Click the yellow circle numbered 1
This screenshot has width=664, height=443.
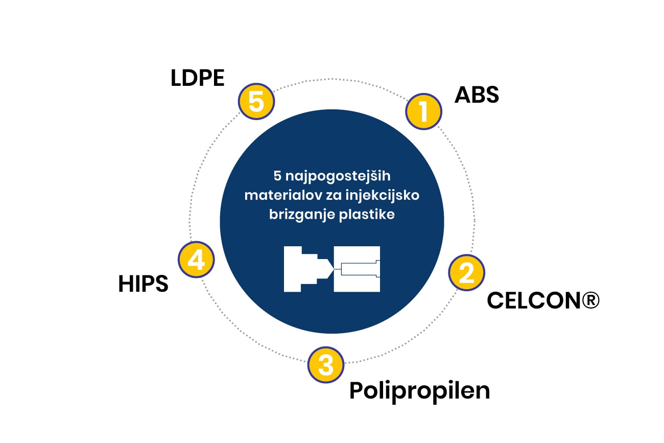[x=423, y=111]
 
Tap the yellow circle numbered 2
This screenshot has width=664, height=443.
[x=466, y=273]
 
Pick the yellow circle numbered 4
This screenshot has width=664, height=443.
[x=196, y=260]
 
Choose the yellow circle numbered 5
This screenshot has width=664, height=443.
[x=256, y=102]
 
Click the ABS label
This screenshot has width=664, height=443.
[x=477, y=95]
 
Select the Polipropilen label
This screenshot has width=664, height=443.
[x=419, y=391]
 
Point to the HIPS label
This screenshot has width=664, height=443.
[x=143, y=284]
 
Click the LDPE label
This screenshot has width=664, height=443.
[x=197, y=79]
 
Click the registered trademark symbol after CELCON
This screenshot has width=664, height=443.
[x=589, y=300]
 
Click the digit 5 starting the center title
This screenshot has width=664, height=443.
[x=276, y=176]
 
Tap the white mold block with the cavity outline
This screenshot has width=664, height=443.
[x=357, y=269]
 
